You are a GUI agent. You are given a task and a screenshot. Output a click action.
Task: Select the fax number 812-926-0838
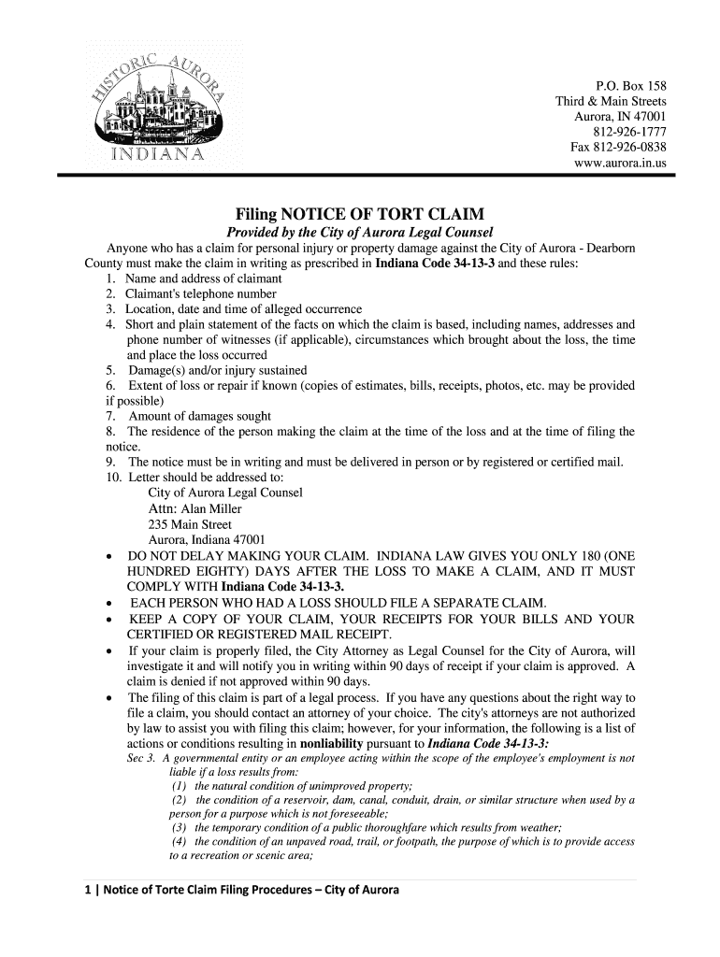click(x=618, y=148)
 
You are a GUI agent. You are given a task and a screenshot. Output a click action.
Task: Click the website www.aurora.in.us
click(x=620, y=163)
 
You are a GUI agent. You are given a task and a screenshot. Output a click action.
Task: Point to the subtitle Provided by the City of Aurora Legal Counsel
click(x=360, y=232)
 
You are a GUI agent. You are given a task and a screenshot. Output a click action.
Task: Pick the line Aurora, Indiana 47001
click(x=207, y=539)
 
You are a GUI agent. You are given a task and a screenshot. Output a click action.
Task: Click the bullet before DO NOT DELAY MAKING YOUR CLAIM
click(x=112, y=557)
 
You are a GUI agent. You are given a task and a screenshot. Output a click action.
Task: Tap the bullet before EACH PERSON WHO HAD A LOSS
click(x=112, y=603)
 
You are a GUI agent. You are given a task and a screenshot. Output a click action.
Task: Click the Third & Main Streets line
click(x=611, y=101)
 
